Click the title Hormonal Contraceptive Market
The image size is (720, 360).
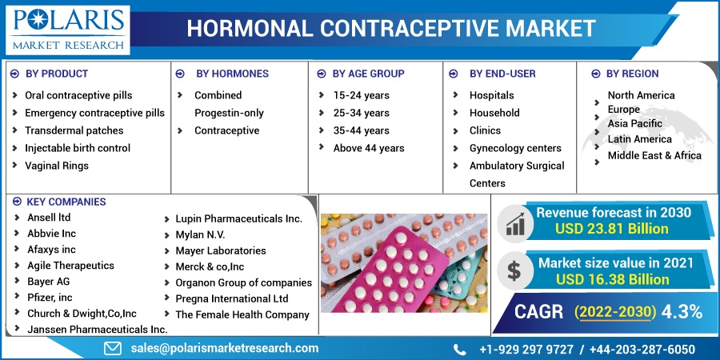[391, 29]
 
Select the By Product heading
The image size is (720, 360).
[57, 74]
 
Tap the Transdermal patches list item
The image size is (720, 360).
[74, 130]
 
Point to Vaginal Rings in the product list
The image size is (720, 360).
[57, 166]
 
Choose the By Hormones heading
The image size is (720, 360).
[232, 74]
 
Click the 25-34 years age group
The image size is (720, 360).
[362, 113]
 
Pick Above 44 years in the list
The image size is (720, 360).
[369, 148]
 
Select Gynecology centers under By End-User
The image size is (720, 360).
[515, 148]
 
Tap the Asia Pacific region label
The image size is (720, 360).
[635, 123]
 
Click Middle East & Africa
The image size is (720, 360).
[654, 156]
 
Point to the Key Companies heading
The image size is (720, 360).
[66, 202]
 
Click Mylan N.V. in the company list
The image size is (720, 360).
[200, 235]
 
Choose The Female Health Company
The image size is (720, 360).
[242, 314]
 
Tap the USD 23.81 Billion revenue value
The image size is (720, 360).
[612, 229]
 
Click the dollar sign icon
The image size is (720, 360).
[514, 270]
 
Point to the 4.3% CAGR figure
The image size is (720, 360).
[682, 312]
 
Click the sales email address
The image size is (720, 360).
[225, 348]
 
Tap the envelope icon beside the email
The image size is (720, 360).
[113, 349]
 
